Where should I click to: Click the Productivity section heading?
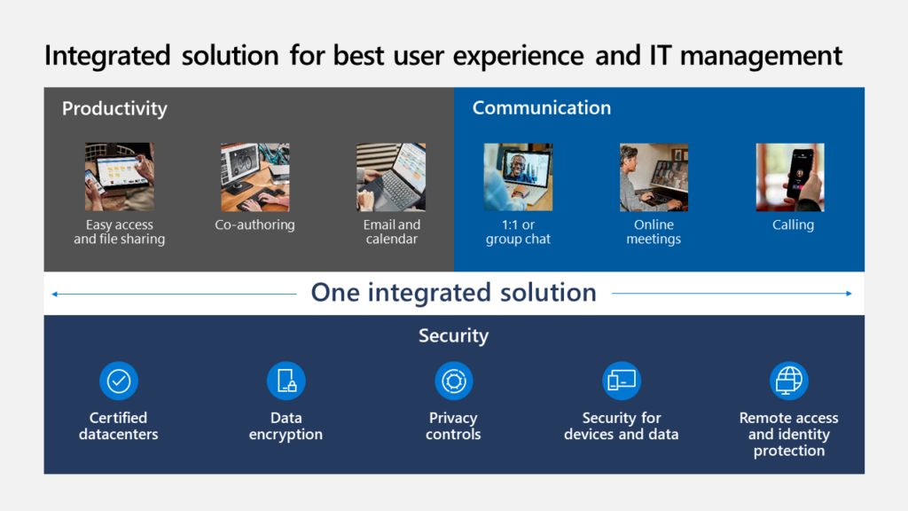114,109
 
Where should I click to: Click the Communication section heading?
541,108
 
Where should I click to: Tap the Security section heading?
453,336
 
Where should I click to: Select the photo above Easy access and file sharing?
119,177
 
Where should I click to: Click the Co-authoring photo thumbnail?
254,177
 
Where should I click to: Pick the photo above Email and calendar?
391,177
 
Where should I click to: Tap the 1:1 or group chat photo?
518,177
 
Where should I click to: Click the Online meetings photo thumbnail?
654,177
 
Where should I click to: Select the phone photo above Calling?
790,177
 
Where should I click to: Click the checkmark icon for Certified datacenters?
119,381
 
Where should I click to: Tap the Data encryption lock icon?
286,381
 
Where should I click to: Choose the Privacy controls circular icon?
453,381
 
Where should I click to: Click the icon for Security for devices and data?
621,381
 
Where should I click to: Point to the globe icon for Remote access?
788,381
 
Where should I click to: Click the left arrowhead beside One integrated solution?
55,294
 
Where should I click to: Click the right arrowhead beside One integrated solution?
849,294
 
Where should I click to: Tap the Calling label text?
793,225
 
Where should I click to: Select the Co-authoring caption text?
254,225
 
